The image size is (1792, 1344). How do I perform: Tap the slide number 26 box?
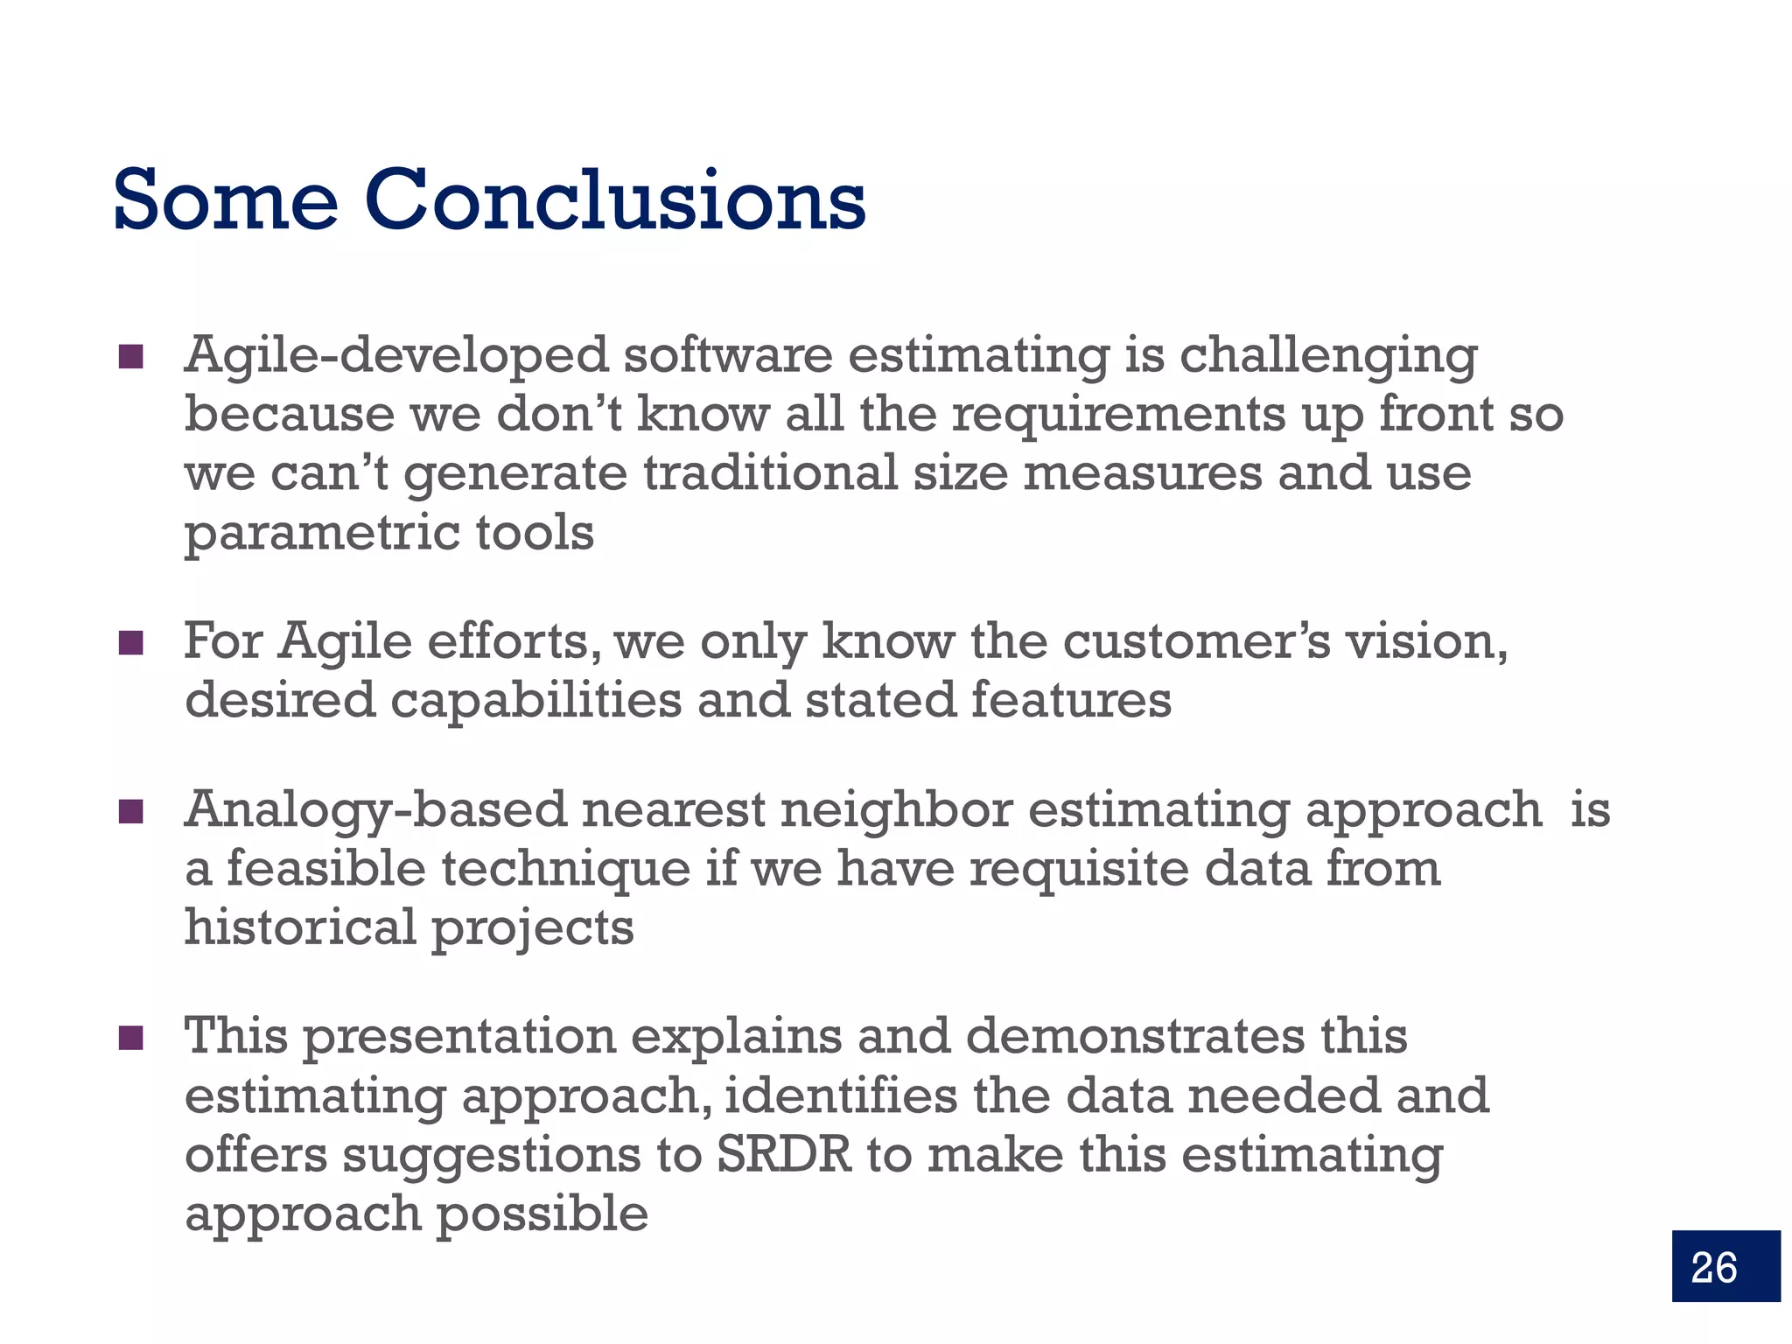pyautogui.click(x=1725, y=1265)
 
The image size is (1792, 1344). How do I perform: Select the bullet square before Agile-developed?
pyautogui.click(x=131, y=356)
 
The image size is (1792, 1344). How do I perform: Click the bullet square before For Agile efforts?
pyautogui.click(x=131, y=642)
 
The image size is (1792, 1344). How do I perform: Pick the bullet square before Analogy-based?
pyautogui.click(x=131, y=811)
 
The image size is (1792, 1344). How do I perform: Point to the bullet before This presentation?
pyautogui.click(x=131, y=1037)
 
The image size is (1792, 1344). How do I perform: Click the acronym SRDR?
pyautogui.click(x=784, y=1155)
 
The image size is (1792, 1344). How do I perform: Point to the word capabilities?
pyautogui.click(x=535, y=701)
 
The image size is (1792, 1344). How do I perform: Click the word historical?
pyautogui.click(x=300, y=927)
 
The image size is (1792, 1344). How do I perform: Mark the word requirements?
pyautogui.click(x=1119, y=415)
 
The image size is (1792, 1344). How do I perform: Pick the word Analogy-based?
pyautogui.click(x=375, y=811)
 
